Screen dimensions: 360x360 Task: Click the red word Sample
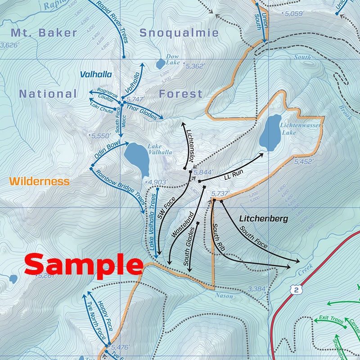[x=84, y=264]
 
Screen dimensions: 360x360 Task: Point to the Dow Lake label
[x=172, y=59]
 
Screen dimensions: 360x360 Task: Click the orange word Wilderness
[x=40, y=182]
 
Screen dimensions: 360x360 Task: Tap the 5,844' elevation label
[x=205, y=172]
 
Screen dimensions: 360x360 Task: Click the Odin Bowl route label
[x=106, y=152]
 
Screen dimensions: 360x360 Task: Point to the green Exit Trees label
[x=331, y=320]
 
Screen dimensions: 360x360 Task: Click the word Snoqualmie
[x=179, y=33]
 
